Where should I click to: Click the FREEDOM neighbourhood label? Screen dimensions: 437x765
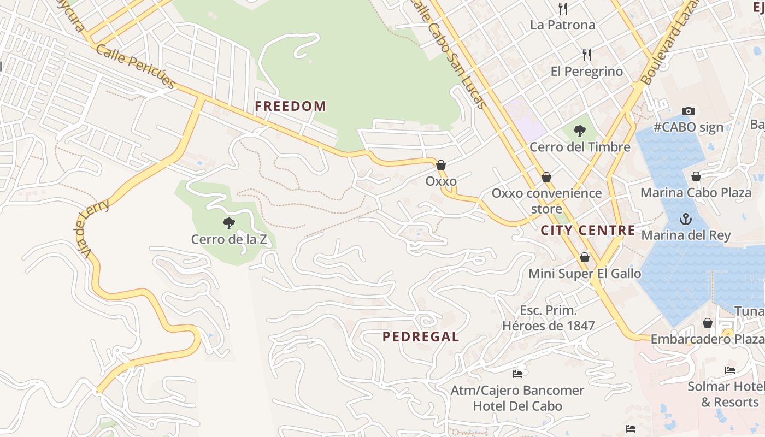coord(290,106)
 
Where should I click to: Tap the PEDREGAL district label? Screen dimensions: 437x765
coord(421,336)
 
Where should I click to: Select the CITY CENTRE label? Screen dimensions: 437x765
coord(588,230)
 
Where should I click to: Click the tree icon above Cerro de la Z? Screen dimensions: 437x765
coord(229,223)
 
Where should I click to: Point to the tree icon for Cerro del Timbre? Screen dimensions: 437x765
coord(579,131)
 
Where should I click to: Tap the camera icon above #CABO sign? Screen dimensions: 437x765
coord(688,111)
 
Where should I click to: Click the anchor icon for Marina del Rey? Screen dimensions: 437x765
coord(685,219)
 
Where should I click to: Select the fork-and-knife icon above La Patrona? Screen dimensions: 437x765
coord(562,8)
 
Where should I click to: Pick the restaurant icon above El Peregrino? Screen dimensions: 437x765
coord(587,55)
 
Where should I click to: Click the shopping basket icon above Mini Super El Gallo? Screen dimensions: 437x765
coord(585,257)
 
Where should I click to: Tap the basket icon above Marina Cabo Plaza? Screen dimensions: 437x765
coord(696,176)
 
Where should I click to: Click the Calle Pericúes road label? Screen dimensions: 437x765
coord(136,67)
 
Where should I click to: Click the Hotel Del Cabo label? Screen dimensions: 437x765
coord(517,406)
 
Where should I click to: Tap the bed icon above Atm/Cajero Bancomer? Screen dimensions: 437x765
coord(517,374)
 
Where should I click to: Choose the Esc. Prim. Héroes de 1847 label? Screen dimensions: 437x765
coord(548,318)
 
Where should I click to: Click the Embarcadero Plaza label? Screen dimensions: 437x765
coord(707,339)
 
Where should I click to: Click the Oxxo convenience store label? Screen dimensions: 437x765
coord(546,200)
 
